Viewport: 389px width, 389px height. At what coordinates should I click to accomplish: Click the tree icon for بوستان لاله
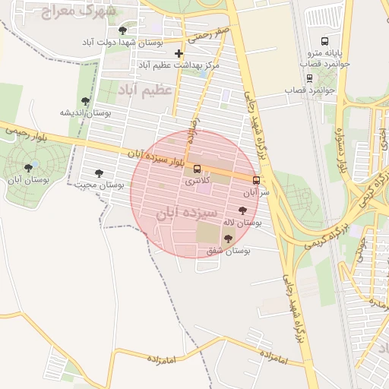click(x=243, y=211)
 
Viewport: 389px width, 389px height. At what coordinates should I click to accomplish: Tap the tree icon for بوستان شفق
click(x=228, y=239)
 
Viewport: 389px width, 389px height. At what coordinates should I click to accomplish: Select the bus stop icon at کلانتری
click(x=198, y=169)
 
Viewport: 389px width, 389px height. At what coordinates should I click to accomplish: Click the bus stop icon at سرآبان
click(x=255, y=181)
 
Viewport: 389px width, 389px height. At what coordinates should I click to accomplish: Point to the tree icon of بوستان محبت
click(x=98, y=173)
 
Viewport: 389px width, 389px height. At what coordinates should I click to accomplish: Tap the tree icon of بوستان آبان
click(x=28, y=168)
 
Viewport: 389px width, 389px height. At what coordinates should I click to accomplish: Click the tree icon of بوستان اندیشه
click(x=85, y=101)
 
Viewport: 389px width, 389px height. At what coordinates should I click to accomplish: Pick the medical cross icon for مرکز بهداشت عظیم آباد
click(x=179, y=53)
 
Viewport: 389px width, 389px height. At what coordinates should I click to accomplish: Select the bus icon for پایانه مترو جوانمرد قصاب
click(x=325, y=42)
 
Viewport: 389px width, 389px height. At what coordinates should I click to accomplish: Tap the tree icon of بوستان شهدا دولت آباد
click(x=123, y=30)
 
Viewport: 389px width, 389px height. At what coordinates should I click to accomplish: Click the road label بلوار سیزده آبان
click(x=157, y=157)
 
